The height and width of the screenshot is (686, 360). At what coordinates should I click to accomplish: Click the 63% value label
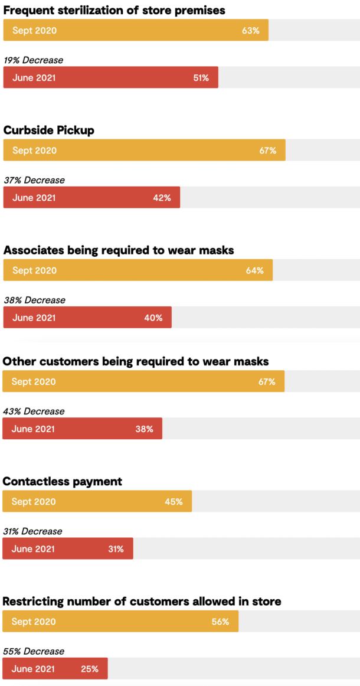[250, 31]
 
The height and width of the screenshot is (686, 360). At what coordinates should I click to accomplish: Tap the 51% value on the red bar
[201, 78]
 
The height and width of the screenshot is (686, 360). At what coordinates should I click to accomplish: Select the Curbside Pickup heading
[49, 130]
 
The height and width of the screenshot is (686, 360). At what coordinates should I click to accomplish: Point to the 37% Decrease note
[34, 180]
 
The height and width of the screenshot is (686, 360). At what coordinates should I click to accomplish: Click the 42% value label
[162, 198]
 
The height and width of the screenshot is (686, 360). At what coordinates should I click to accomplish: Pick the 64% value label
[255, 270]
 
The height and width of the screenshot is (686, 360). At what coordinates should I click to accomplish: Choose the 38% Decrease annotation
[34, 300]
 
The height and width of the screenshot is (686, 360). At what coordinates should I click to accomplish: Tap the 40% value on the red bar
[153, 318]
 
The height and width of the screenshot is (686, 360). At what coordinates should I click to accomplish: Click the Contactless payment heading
[63, 482]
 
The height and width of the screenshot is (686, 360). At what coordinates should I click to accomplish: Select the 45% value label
[174, 502]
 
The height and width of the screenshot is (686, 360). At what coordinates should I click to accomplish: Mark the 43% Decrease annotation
[34, 411]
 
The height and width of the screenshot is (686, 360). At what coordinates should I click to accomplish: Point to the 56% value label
[220, 622]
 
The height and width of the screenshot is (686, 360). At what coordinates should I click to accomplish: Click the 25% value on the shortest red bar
[90, 669]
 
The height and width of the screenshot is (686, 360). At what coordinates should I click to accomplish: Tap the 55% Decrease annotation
[34, 651]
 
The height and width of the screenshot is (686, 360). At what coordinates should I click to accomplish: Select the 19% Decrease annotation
[33, 60]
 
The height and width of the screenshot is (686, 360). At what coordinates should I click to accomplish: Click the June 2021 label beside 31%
[33, 549]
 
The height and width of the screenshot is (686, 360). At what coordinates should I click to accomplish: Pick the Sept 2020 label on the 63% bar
[34, 31]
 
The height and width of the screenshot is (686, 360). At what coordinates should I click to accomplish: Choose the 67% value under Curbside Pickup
[267, 151]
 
